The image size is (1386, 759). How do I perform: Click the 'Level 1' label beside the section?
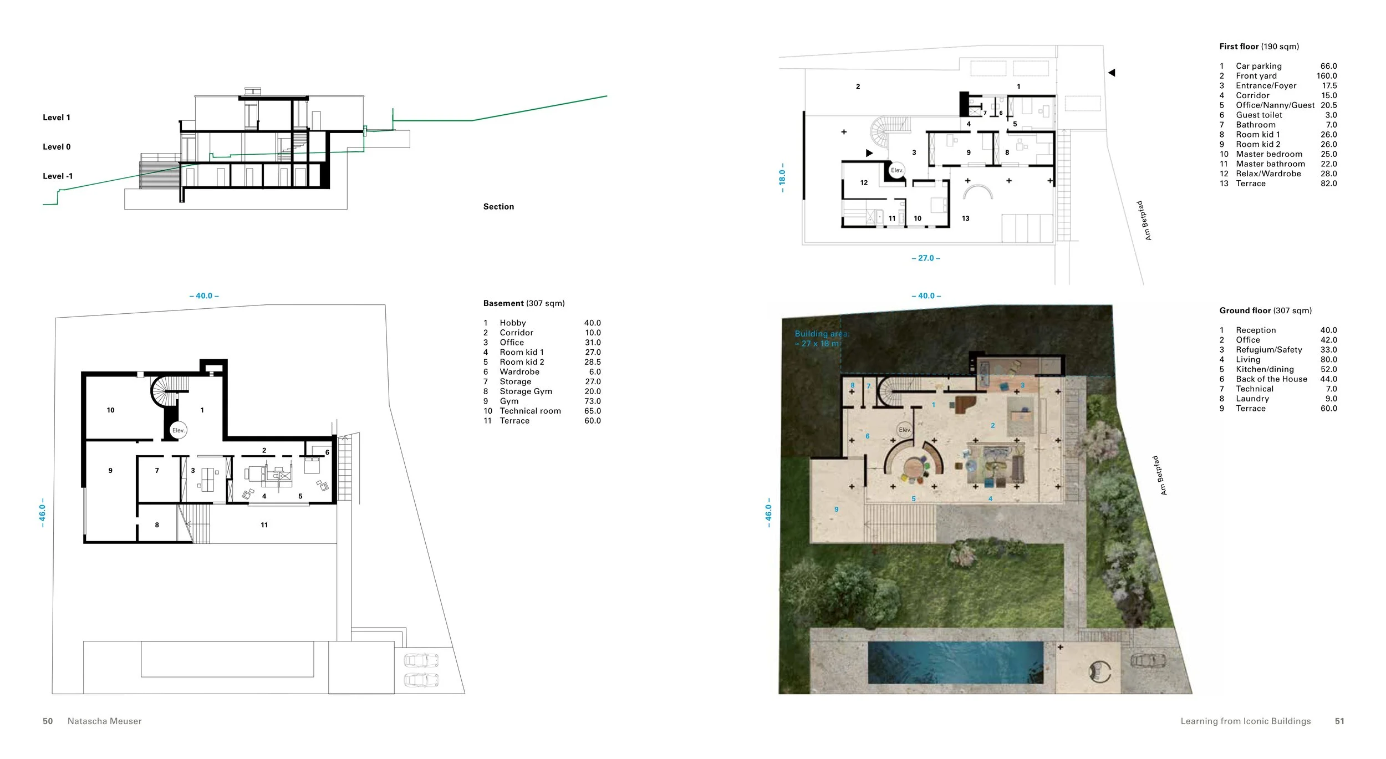(x=57, y=118)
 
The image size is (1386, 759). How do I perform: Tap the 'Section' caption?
(x=498, y=207)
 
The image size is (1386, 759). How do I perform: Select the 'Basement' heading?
(x=503, y=303)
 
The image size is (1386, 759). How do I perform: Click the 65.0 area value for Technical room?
(x=592, y=411)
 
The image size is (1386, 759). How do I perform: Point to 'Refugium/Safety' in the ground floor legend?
(x=1268, y=350)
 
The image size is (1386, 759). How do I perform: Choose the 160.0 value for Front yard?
(x=1326, y=76)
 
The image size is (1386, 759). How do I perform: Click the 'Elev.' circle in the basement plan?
(x=178, y=430)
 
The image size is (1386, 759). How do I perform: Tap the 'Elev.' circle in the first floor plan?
(x=896, y=170)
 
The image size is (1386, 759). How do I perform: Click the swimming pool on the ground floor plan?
(x=955, y=663)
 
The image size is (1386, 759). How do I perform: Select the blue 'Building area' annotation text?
(x=822, y=338)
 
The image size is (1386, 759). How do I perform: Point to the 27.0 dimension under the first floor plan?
(x=926, y=258)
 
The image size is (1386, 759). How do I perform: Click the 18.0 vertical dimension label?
(x=782, y=177)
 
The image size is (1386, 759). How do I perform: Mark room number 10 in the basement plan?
(x=110, y=410)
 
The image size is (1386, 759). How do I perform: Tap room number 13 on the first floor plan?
(x=965, y=218)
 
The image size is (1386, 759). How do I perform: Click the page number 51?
(x=1339, y=721)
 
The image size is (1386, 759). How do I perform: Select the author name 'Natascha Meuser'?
(x=104, y=721)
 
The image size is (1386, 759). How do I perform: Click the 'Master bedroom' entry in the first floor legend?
(x=1268, y=154)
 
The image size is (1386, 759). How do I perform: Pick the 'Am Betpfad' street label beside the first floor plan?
(x=1144, y=221)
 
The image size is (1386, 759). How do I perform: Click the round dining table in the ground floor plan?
(x=912, y=468)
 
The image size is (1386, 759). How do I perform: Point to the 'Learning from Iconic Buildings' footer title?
(x=1245, y=721)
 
